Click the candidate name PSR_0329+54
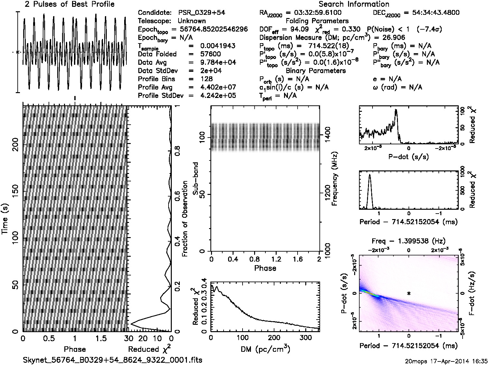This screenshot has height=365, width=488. [201, 13]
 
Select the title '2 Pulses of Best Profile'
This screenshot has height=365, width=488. [69, 5]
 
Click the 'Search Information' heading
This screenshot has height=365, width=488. [354, 5]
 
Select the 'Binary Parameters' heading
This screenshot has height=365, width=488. [316, 71]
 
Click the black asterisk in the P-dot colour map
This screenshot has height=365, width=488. [409, 293]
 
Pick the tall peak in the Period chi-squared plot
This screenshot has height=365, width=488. [369, 175]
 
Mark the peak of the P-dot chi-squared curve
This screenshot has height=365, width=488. [396, 110]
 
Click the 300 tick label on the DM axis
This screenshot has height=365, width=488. [305, 338]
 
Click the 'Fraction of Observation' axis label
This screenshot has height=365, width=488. [185, 219]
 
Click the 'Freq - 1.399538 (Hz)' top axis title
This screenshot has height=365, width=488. [409, 241]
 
